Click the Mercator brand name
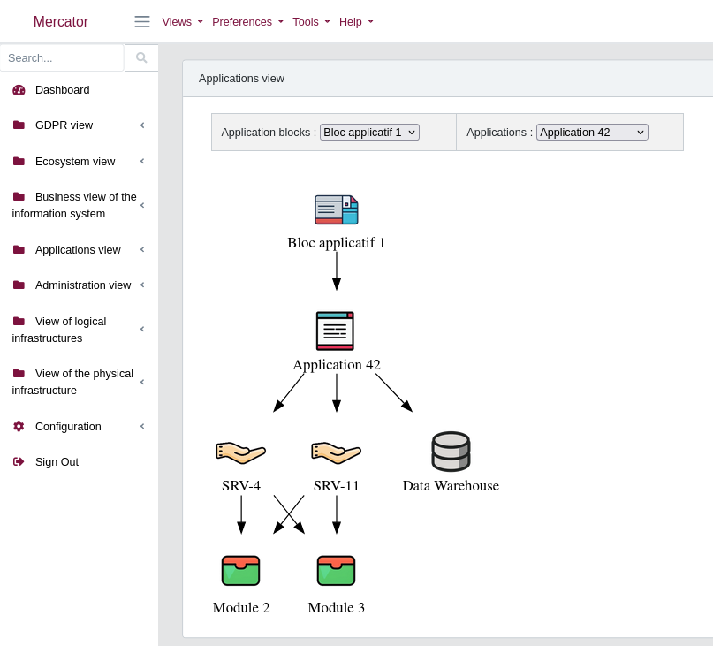(x=61, y=22)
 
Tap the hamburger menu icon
(x=142, y=22)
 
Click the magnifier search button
(x=141, y=57)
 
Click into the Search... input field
(x=62, y=57)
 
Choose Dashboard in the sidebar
(x=62, y=90)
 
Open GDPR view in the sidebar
(x=64, y=125)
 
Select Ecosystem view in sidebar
(x=74, y=161)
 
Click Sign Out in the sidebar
(x=57, y=461)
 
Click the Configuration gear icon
(x=19, y=426)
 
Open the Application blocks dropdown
(x=369, y=133)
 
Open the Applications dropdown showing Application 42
(x=592, y=133)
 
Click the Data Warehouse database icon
(x=451, y=452)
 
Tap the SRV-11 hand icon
(x=336, y=452)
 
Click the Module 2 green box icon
(x=240, y=571)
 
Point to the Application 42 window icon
(x=335, y=331)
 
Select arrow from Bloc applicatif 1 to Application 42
(x=337, y=270)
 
